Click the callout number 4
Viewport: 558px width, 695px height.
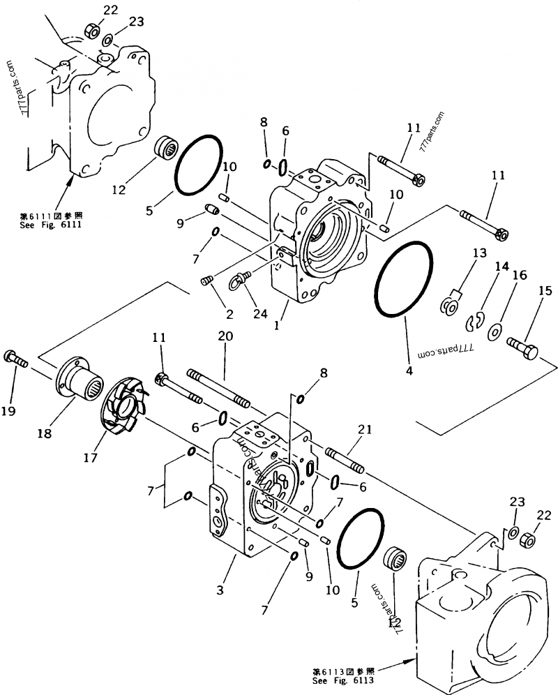409,371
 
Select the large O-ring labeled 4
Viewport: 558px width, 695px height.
403,278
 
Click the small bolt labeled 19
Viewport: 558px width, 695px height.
15,358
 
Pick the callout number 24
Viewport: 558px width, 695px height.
261,315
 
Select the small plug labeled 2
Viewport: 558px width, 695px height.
206,281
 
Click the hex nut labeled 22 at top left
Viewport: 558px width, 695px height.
91,31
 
